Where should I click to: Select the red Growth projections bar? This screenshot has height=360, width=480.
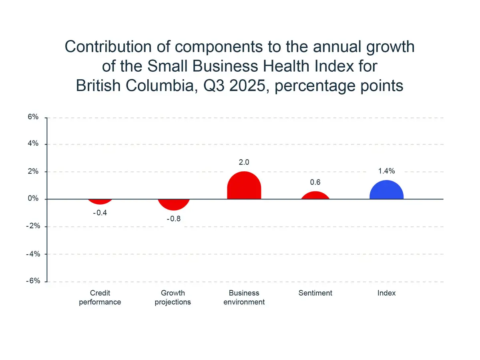pyautogui.click(x=173, y=204)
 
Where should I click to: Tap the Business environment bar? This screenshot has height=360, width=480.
pyautogui.click(x=244, y=186)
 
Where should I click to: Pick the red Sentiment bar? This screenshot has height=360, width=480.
pyautogui.click(x=315, y=196)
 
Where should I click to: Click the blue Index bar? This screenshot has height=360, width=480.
pyautogui.click(x=386, y=191)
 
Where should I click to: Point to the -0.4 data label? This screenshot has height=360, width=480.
pyautogui.click(x=100, y=213)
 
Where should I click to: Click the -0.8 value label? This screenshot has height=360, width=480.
pyautogui.click(x=173, y=219)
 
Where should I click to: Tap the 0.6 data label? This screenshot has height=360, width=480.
pyautogui.click(x=315, y=182)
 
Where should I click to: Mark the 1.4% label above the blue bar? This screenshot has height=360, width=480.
pyautogui.click(x=387, y=171)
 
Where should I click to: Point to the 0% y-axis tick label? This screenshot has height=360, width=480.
pyautogui.click(x=33, y=199)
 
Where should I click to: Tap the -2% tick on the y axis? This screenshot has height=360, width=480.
pyautogui.click(x=32, y=226)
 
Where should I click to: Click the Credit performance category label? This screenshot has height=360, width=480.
pyautogui.click(x=100, y=298)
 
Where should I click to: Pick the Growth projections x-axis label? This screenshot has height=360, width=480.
pyautogui.click(x=173, y=298)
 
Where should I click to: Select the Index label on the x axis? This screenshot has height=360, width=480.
pyautogui.click(x=386, y=293)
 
